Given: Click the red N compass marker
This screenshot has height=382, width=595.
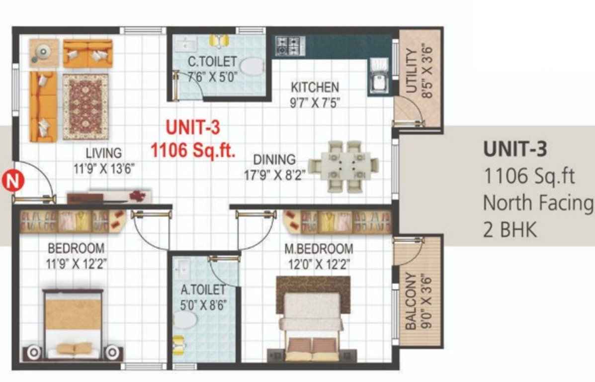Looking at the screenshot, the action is pos(13,181).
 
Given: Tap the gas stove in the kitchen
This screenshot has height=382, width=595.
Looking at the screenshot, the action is pos(290,46).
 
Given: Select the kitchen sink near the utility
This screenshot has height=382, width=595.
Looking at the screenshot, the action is pos(379,76).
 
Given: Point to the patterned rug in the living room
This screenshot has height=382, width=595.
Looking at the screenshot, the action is pos(85,107).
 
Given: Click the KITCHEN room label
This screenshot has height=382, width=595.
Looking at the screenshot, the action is pos(315,88).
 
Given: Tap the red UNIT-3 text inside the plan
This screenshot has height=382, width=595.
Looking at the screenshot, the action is pos(193,128).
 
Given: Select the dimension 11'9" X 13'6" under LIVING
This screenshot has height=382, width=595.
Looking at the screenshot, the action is pos(104,168).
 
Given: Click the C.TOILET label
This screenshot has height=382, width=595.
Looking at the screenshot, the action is pos(213,62).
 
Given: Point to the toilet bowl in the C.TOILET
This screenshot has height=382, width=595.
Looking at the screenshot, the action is pos(252,66).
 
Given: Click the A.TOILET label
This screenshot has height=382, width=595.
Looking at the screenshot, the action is pos(203,289).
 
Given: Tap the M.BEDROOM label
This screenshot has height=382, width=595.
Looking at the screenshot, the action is pos(319,249).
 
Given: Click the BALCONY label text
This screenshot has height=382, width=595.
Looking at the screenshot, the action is pos(411,300).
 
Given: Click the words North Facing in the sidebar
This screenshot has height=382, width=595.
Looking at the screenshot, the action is pos(538,203).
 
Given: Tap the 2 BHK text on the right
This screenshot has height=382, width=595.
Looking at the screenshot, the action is pos(510,230).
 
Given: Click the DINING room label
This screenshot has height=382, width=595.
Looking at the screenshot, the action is pos(274,160).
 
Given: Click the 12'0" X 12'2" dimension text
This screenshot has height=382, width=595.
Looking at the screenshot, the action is pos(319,264).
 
